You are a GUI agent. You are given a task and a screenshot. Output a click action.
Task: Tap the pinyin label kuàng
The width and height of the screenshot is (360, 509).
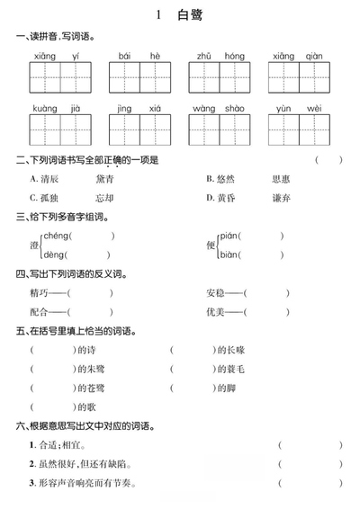click(44, 108)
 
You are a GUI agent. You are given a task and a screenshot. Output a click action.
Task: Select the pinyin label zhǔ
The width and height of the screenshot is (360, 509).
click(204, 56)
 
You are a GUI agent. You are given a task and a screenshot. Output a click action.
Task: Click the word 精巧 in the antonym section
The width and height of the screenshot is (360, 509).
click(40, 293)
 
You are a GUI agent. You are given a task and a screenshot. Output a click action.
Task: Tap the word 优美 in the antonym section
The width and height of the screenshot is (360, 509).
click(216, 312)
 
